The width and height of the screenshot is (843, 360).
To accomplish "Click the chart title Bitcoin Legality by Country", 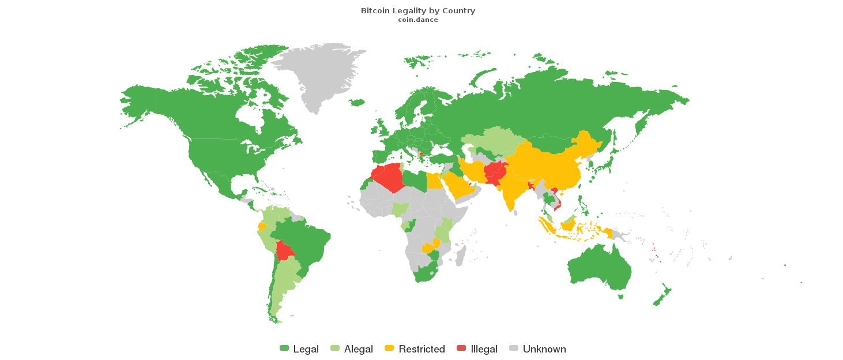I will (418, 11).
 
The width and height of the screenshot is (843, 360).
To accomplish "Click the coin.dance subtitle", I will (418, 20).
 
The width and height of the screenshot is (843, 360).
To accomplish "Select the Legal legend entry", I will (299, 349).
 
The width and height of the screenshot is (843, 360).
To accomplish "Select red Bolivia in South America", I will (284, 251).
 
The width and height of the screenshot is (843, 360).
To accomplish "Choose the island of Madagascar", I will (460, 255).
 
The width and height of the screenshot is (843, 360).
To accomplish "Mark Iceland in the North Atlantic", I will (357, 103).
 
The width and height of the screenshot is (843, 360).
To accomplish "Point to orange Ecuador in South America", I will (262, 226).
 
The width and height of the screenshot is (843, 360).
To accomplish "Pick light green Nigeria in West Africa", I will (400, 209).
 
